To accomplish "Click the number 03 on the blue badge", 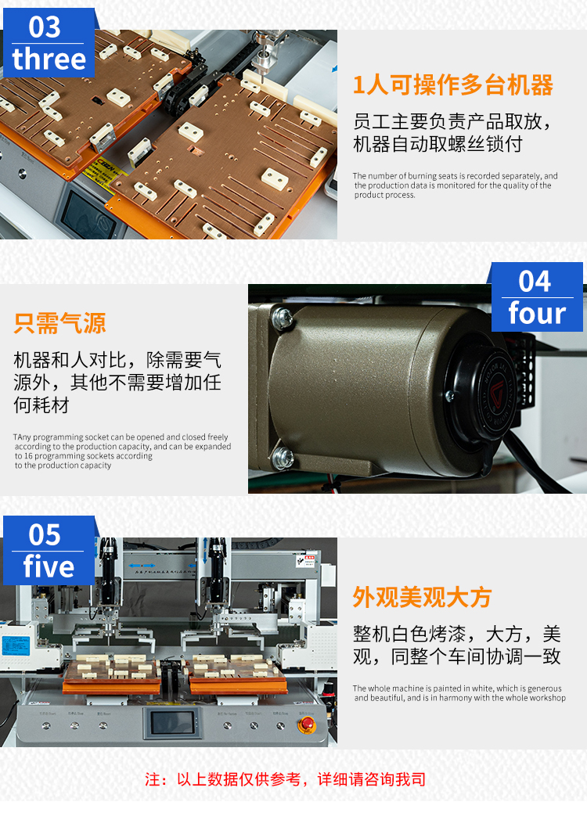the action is pyautogui.click(x=45, y=27).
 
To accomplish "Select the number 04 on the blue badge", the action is pyautogui.click(x=535, y=281).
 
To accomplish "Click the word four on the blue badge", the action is pyautogui.click(x=537, y=313).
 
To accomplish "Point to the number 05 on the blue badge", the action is pyautogui.click(x=45, y=535).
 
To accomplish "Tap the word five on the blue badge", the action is pyautogui.click(x=49, y=566).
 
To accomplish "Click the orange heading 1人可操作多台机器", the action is pyautogui.click(x=452, y=85).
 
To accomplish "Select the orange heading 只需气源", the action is pyautogui.click(x=59, y=323).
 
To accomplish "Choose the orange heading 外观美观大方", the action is pyautogui.click(x=422, y=597).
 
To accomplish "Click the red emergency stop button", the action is pyautogui.click(x=307, y=725).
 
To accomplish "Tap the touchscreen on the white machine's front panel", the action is pyautogui.click(x=172, y=723).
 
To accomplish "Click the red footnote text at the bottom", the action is pyautogui.click(x=286, y=779).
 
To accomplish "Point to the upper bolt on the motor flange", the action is pyautogui.click(x=283, y=317).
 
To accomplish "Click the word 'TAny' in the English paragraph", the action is pyautogui.click(x=22, y=437).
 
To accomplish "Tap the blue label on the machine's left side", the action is pyautogui.click(x=16, y=645).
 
